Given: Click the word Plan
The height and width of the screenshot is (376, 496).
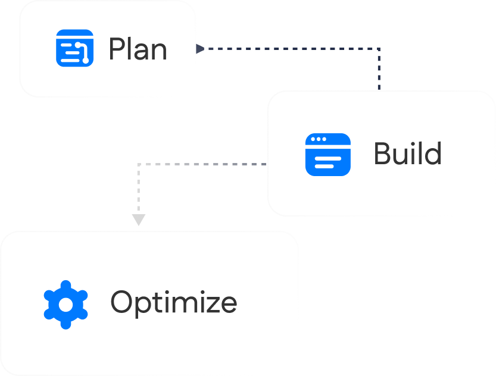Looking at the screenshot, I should coord(138,49).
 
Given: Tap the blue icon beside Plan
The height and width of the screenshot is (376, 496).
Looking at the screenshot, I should coord(74,48).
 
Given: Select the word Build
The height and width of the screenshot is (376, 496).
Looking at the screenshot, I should coord(407,153).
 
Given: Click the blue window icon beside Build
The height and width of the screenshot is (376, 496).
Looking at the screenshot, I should coord(327,155).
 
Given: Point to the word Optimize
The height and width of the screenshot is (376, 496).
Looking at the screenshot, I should coord(174,303).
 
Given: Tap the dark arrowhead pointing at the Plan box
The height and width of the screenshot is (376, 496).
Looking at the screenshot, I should coord(200,49).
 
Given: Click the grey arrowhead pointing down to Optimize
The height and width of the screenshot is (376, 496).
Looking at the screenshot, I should coord(138,220).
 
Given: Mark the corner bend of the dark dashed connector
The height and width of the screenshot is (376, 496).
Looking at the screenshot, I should coord(379,49).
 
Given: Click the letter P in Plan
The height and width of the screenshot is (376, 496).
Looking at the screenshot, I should coord(117,49).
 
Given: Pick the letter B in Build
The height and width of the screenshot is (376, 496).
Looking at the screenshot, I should coord(382,153).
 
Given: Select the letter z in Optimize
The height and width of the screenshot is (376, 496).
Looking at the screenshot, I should coord(212,303).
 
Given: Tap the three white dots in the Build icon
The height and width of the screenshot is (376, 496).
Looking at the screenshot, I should coord(319,139).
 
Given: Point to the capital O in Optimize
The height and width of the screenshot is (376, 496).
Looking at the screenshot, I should coord(123,302).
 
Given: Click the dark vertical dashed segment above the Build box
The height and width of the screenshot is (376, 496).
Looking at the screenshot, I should coord(379,71).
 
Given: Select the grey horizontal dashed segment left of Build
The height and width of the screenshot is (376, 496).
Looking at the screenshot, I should coord(202,164).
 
